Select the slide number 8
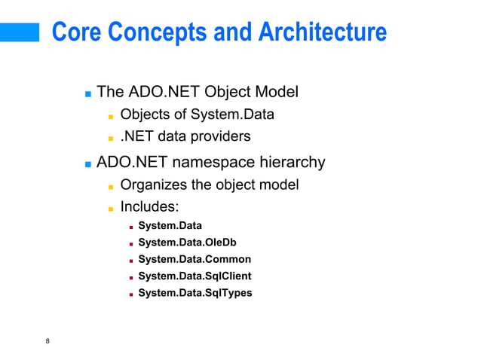coord(47,343)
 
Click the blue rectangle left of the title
coord(20,32)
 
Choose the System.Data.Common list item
coord(195,259)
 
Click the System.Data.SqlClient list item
coord(195,276)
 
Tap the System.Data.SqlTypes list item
coord(195,292)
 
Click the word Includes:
coord(149,207)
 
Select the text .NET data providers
coord(185,137)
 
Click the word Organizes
coord(155,185)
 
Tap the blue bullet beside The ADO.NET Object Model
coord(88,95)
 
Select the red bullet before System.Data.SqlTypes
coord(130,294)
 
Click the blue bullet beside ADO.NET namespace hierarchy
coord(88,163)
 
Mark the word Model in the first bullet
coord(277,93)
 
